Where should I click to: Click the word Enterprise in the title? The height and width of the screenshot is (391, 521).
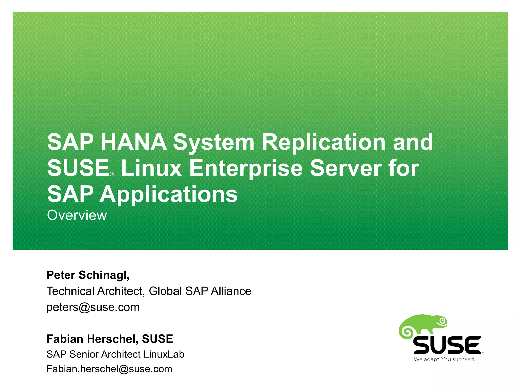pos(246,169)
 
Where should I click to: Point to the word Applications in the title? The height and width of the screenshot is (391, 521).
pos(168,194)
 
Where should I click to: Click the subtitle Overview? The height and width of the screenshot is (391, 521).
pos(77,215)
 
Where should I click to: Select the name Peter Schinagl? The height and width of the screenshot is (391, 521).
pos(88,275)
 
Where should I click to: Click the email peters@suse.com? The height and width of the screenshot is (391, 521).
pos(93,307)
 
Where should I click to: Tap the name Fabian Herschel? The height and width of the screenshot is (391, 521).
pos(92,339)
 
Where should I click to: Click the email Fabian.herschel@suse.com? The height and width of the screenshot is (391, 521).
pos(109,369)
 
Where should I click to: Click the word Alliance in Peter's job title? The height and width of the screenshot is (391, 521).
pos(231,291)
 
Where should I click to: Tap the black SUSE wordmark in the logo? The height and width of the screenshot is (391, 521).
pos(447,345)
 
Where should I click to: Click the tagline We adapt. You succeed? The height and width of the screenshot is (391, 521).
pos(444,359)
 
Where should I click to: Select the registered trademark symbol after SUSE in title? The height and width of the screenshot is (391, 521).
pos(112,174)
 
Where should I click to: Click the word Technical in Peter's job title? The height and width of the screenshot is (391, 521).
pos(70,291)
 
